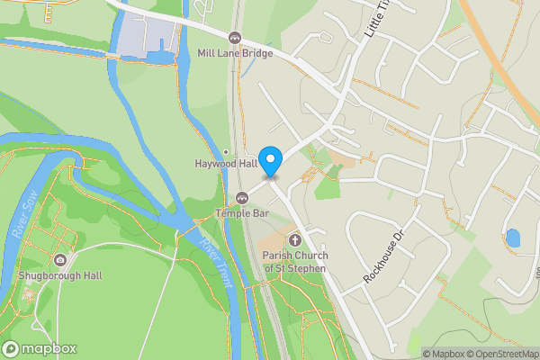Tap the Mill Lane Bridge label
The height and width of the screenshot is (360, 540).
click(235, 53)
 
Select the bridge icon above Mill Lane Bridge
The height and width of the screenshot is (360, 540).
click(235, 38)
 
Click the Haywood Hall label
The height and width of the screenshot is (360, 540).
click(220, 164)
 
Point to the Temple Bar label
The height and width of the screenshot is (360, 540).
click(241, 213)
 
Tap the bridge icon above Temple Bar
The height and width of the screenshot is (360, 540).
click(241, 198)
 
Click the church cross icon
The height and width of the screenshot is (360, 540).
click(295, 240)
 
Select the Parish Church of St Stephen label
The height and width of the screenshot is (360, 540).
click(295, 261)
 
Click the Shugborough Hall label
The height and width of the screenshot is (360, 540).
click(59, 275)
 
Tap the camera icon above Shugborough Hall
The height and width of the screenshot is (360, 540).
click(59, 260)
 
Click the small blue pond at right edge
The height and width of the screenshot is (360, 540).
click(513, 238)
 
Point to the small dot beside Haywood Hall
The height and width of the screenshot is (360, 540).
click(226, 151)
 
